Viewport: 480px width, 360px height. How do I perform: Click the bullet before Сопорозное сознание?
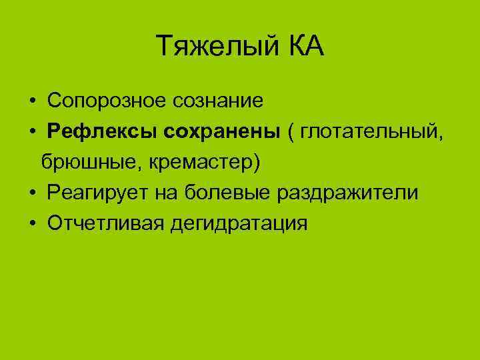[x=32, y=102]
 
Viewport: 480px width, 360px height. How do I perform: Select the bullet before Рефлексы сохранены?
[x=32, y=133]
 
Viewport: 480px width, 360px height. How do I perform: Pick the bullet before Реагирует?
[x=32, y=194]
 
